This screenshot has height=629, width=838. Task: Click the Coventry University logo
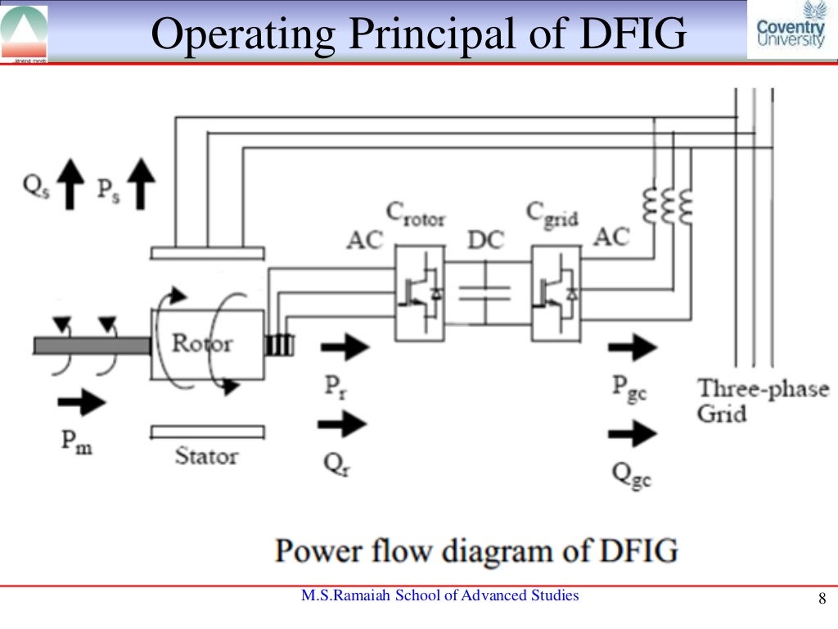[791, 29]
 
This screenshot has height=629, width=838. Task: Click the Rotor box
[207, 344]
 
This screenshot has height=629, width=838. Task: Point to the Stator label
[206, 456]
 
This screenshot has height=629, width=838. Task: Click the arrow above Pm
[83, 402]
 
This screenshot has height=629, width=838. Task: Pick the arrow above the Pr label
[345, 347]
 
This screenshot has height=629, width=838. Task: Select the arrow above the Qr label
[343, 423]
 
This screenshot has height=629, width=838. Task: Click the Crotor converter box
[421, 292]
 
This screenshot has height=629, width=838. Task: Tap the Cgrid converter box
[556, 292]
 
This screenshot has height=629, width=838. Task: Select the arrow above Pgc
[632, 347]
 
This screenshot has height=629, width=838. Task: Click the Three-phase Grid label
[762, 400]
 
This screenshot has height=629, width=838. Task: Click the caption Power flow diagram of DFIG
[476, 550]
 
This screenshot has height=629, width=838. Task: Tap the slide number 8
[822, 600]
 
